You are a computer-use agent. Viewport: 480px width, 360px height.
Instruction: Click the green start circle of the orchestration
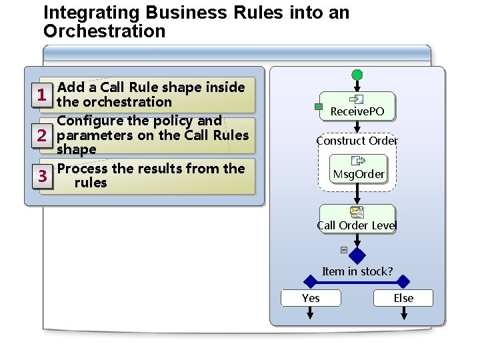[x=357, y=75]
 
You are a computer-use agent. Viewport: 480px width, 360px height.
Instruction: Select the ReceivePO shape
[x=357, y=107]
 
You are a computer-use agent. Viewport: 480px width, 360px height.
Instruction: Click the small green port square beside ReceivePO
[x=319, y=107]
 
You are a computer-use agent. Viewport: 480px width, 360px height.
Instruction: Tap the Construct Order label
[x=357, y=141]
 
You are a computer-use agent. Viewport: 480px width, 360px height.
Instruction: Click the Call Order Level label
[x=357, y=225]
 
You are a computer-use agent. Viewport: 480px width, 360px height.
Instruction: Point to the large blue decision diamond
[x=357, y=256]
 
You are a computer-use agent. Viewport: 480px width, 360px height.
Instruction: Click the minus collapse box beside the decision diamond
[x=343, y=250]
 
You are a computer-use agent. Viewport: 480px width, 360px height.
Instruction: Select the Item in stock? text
[x=357, y=271]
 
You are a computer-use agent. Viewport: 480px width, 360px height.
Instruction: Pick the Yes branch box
[x=311, y=298]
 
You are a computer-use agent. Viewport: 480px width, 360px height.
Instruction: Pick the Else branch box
[x=403, y=298]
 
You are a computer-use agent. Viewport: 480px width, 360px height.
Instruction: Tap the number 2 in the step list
[x=41, y=136]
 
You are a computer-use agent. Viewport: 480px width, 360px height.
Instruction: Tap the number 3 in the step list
[x=41, y=176]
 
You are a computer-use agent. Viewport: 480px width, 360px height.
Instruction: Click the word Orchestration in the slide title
[x=104, y=31]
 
